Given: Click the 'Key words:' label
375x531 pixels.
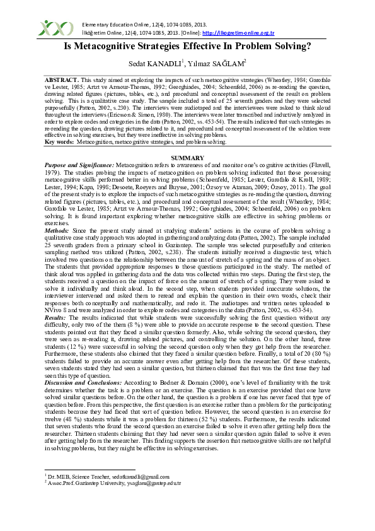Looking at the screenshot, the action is pos(59,143).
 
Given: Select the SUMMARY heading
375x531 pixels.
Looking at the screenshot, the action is pos(187,158).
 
